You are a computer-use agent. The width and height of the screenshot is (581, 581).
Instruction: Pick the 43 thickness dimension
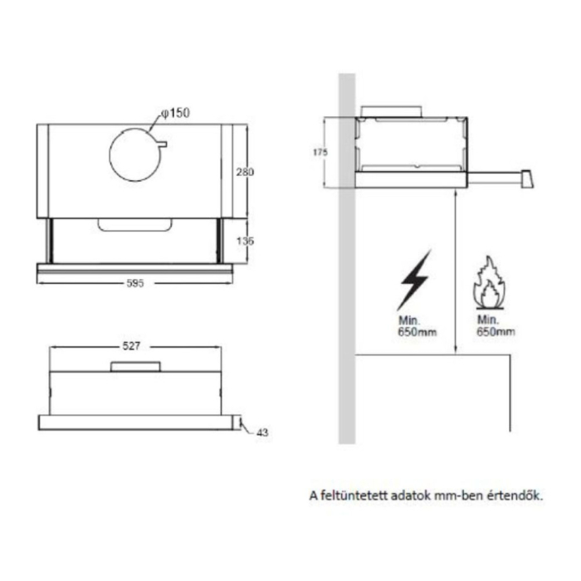pos(263,432)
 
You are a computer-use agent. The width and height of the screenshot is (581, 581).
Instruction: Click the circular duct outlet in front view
pos(136,155)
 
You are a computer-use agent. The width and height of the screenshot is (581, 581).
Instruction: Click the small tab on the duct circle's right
pos(162,144)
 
